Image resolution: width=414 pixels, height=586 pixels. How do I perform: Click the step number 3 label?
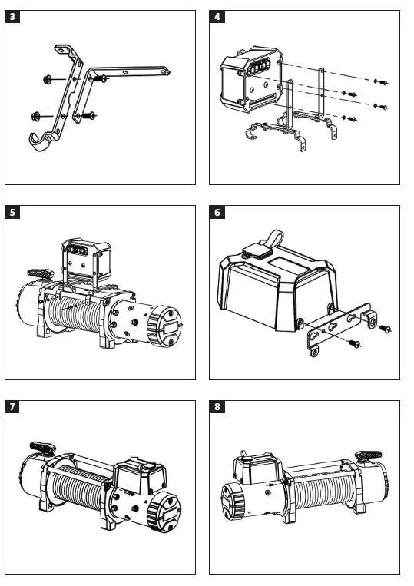point(14,17)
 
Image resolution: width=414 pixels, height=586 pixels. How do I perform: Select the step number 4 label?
point(218,17)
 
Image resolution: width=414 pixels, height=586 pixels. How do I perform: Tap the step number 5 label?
point(14,213)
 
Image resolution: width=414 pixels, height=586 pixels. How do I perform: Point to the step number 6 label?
point(218,213)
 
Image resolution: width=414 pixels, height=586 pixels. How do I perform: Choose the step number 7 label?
point(14,408)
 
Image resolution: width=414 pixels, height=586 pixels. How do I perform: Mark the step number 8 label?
point(218,408)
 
